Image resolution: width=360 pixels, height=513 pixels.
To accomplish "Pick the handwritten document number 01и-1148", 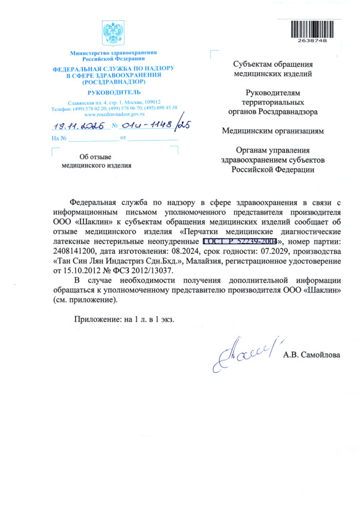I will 146,125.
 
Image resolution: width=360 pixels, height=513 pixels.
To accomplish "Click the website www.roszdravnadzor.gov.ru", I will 113,113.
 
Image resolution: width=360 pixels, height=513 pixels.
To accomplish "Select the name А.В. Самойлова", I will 312,356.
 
